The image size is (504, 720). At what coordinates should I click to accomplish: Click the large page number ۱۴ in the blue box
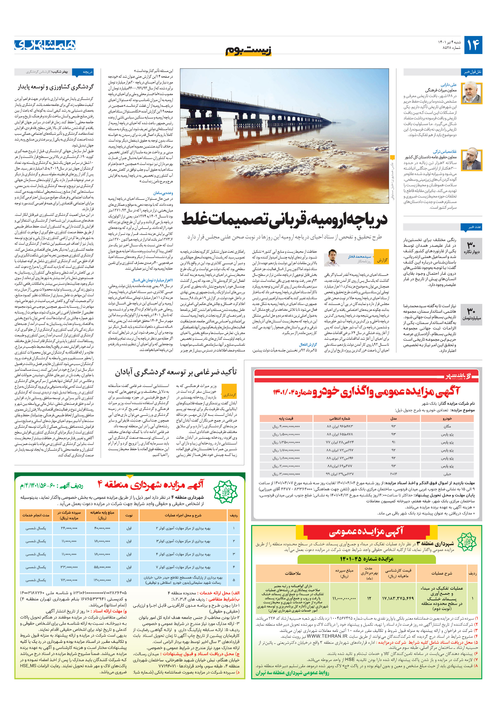pos(473,45)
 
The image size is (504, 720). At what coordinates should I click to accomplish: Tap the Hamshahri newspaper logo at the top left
pos(45,45)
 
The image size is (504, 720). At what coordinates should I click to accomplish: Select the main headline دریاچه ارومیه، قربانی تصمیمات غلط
pos(285,219)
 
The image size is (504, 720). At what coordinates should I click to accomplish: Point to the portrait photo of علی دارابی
pos(471,93)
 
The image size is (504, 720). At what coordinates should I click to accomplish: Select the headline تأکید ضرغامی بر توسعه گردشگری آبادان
pos(176,372)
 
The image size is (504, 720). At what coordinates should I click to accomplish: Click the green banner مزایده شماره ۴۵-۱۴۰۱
pos(366,559)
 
